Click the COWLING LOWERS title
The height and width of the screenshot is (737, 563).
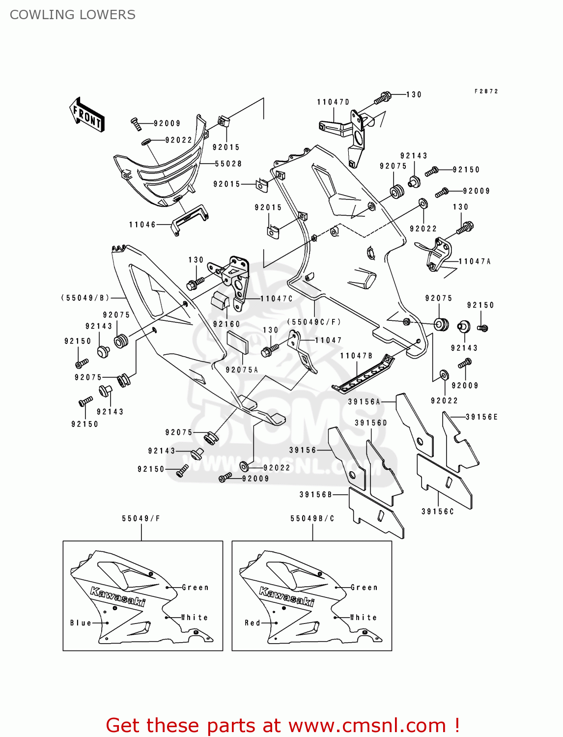(x=73, y=15)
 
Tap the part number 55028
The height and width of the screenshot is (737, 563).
(x=228, y=164)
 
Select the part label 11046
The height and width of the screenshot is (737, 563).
(x=142, y=225)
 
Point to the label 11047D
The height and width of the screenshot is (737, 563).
(x=333, y=102)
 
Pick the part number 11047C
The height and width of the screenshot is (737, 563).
(x=277, y=299)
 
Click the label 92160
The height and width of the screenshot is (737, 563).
(x=226, y=324)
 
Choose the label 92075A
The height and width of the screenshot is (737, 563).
(x=242, y=369)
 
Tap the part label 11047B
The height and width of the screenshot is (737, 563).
(x=357, y=356)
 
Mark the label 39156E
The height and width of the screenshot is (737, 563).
(x=482, y=417)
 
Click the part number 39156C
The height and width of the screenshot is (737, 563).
(x=438, y=511)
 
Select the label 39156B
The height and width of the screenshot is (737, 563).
(x=316, y=495)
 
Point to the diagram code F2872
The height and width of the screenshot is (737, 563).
(x=486, y=91)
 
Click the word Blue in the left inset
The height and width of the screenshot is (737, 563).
(x=81, y=623)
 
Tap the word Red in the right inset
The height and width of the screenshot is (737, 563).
(x=253, y=623)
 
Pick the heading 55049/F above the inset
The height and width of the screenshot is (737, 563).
(x=141, y=518)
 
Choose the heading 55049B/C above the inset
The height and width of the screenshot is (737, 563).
(x=312, y=518)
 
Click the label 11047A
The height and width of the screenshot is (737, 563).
(x=475, y=261)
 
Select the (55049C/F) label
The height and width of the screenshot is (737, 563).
(x=314, y=322)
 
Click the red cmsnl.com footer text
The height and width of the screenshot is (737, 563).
(x=282, y=725)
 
